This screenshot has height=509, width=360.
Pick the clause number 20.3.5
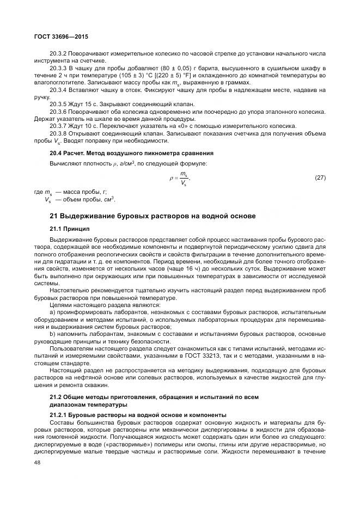58,103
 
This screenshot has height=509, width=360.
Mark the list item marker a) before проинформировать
52,312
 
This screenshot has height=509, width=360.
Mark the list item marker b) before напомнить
52,334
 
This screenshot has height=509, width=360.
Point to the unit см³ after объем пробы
111,199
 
